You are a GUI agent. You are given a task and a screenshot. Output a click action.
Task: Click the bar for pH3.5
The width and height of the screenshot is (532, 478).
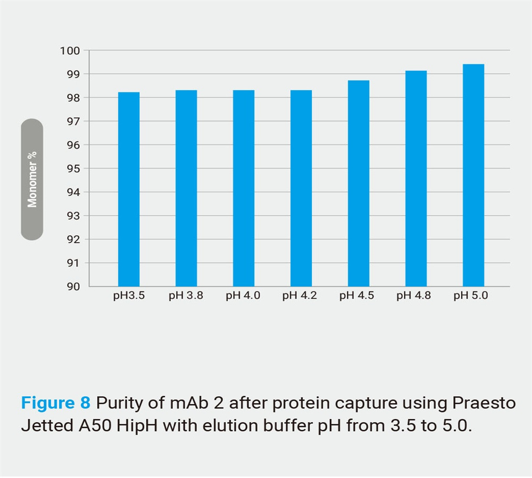tap(129, 189)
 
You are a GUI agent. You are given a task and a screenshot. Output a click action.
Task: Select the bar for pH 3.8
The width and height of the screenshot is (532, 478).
tap(186, 188)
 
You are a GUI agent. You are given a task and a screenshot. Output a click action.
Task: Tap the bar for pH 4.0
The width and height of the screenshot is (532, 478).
tap(244, 188)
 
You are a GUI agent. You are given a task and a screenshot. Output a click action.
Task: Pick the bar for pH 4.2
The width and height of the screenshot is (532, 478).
tap(301, 188)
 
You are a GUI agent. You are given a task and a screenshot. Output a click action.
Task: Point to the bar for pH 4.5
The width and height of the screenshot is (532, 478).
tap(359, 183)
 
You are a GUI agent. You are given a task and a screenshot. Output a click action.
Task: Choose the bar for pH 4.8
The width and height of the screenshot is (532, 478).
tap(416, 178)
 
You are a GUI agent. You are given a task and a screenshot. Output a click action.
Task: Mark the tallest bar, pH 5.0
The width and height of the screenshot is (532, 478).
tap(473, 175)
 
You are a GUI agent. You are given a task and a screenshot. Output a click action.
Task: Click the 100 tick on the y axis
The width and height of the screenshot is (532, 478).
tap(70, 51)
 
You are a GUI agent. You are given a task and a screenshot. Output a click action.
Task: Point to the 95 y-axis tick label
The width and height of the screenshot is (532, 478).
tap(73, 169)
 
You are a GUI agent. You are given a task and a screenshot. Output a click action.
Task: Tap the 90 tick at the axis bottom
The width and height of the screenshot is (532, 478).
tap(73, 287)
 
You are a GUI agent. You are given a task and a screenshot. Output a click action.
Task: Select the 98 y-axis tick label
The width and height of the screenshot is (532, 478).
tap(73, 98)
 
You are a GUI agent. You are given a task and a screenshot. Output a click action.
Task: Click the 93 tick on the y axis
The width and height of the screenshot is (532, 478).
tap(73, 216)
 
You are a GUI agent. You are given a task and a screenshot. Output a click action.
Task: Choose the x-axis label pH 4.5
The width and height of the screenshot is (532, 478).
tap(356, 296)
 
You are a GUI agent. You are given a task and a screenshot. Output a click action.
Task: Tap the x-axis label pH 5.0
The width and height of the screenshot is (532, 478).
tap(471, 296)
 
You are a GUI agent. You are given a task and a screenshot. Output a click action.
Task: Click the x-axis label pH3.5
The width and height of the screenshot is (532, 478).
tap(129, 296)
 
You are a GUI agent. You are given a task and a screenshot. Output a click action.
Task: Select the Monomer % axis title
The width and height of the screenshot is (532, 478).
tap(32, 179)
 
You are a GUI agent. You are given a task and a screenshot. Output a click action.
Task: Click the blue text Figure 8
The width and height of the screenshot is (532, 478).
tap(56, 403)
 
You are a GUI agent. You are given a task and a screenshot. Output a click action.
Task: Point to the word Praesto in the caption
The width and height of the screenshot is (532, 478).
tap(484, 403)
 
